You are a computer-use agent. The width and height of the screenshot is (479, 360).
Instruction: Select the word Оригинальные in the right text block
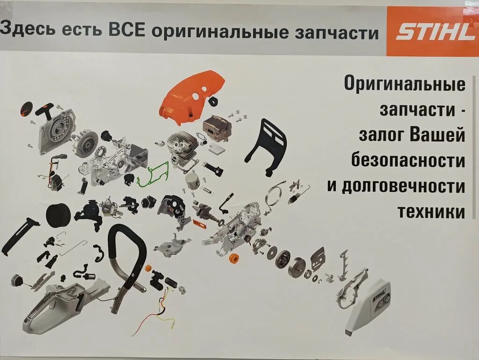click(405, 84)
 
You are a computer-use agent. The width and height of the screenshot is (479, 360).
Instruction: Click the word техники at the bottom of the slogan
click(431, 212)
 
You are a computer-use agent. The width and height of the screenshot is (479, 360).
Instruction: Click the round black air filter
click(58, 214)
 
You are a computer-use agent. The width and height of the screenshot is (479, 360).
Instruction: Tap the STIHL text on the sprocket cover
click(379, 296)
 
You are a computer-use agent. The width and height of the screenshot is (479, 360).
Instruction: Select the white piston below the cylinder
click(193, 180)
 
